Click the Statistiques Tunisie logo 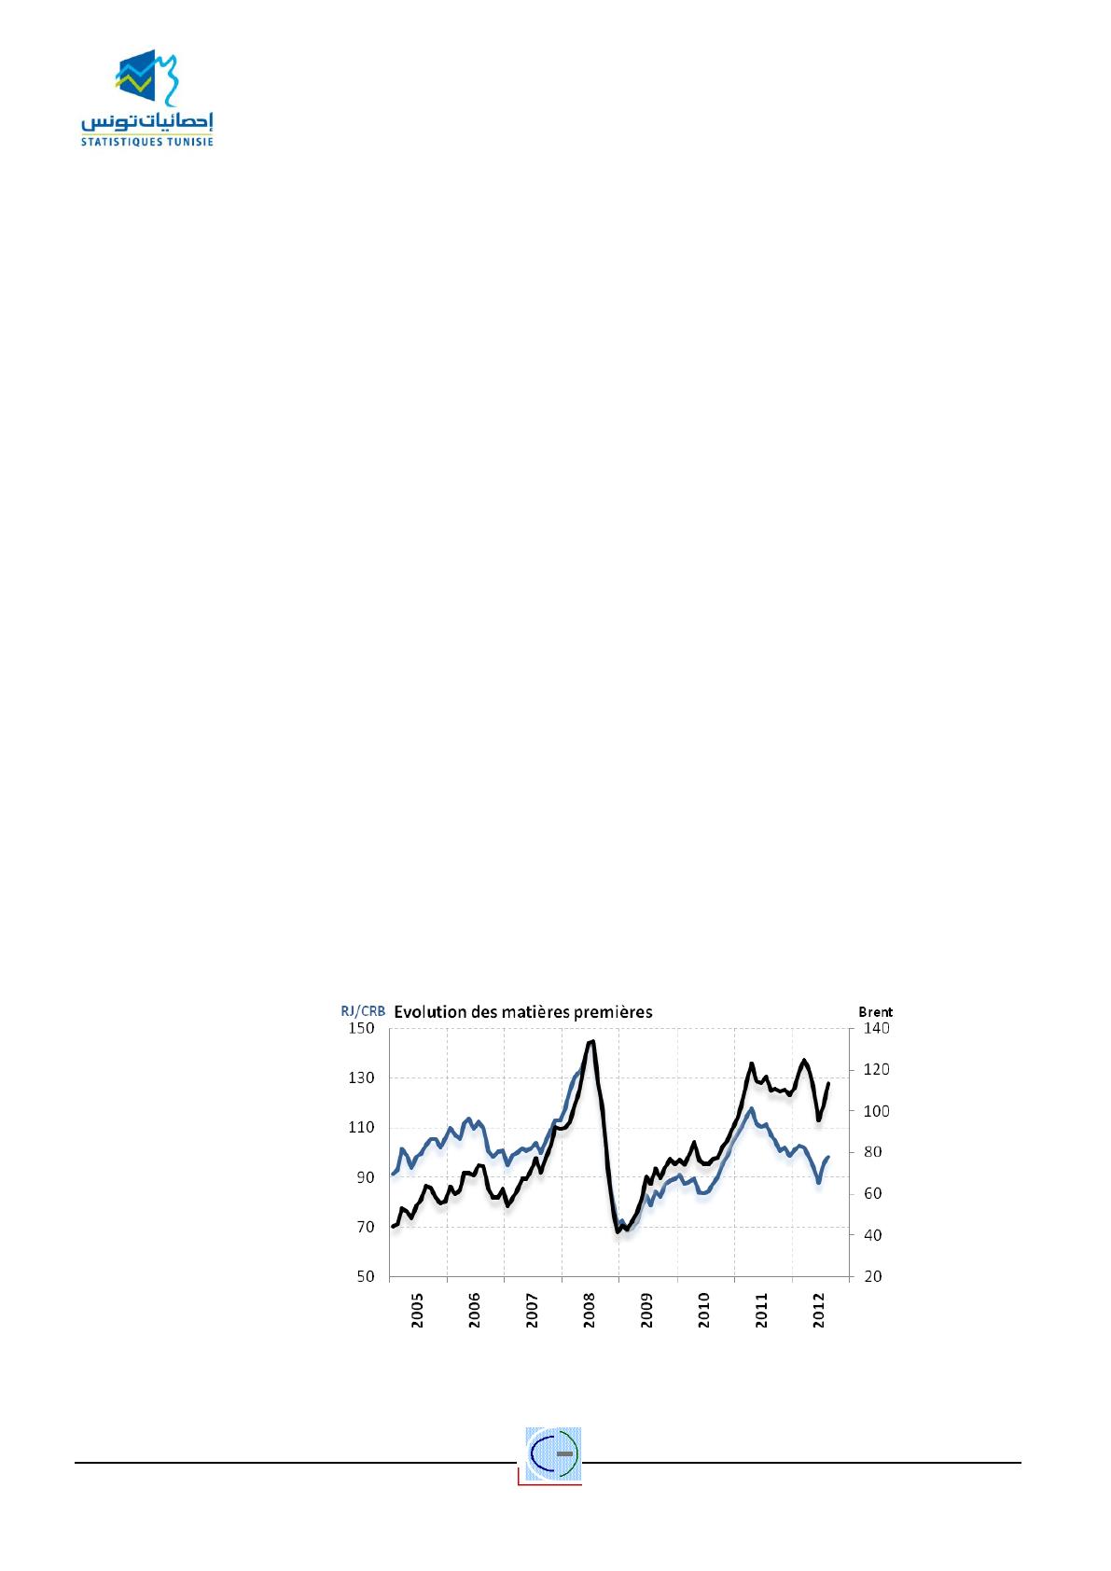tap(146, 102)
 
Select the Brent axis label tap(875, 1010)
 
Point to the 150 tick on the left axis tap(361, 1028)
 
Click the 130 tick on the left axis tap(361, 1077)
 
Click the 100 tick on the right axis tap(880, 1111)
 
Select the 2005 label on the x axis tap(418, 1313)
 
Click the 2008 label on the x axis tap(590, 1313)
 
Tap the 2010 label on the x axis tap(704, 1313)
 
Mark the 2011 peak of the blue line tap(751, 1108)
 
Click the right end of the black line tap(828, 1083)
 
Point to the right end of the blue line tap(828, 1157)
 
